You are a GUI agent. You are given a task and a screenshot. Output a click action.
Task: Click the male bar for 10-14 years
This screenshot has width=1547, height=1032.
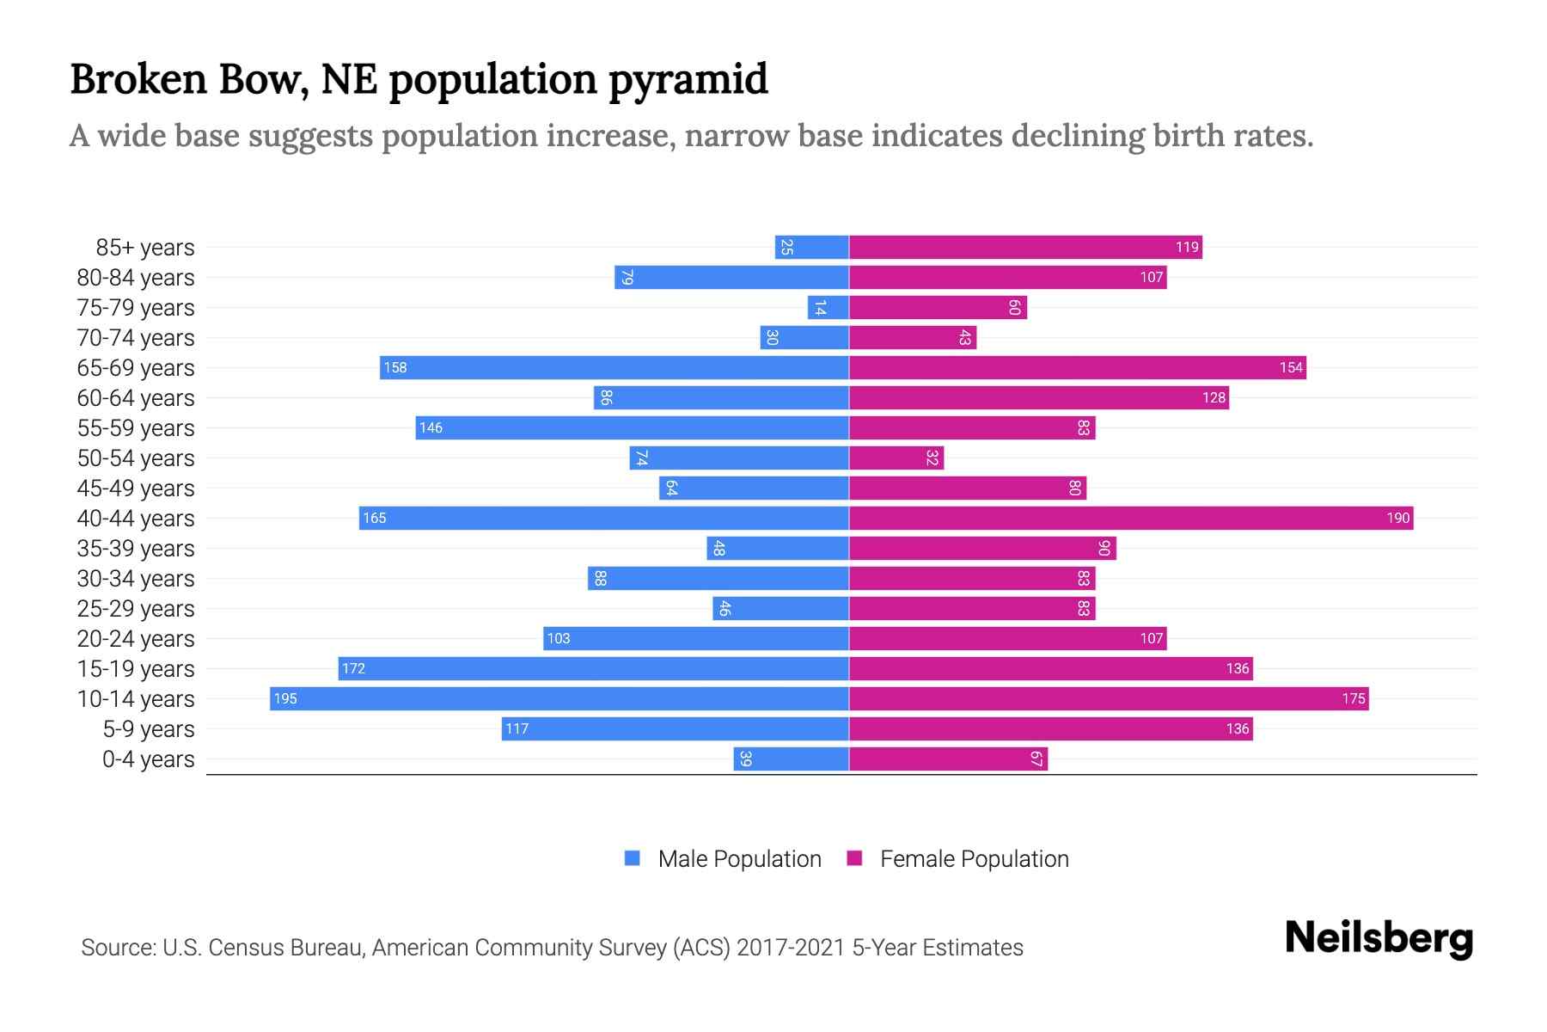[x=559, y=698]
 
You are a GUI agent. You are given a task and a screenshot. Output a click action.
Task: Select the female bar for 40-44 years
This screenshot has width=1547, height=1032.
[x=1130, y=518]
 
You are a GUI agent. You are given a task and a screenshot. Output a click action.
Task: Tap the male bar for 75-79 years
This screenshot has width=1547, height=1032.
[x=828, y=307]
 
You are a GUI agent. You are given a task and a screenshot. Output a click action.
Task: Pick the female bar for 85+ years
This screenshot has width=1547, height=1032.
[x=1025, y=247]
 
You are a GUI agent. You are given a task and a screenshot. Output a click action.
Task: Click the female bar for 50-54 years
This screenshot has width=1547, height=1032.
[x=896, y=458]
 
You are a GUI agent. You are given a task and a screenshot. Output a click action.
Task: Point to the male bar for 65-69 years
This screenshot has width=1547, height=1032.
[x=614, y=367]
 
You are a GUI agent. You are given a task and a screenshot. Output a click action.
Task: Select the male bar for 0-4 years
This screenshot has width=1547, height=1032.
[x=791, y=759]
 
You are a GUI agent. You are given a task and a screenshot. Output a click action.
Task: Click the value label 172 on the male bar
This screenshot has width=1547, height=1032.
[x=353, y=668]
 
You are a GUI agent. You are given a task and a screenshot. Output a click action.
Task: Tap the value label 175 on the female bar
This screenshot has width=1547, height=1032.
[x=1353, y=698]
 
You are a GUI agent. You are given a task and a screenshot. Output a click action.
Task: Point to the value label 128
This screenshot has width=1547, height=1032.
[x=1214, y=397]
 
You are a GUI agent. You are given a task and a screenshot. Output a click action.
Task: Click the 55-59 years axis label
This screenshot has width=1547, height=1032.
[x=136, y=428]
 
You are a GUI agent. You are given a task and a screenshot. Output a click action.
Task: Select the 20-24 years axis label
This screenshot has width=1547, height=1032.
[x=136, y=639]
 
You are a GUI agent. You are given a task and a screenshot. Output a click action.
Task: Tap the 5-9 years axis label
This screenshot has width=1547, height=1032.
[x=148, y=729]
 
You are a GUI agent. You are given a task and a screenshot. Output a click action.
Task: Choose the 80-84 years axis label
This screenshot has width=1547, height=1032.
[x=136, y=278]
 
